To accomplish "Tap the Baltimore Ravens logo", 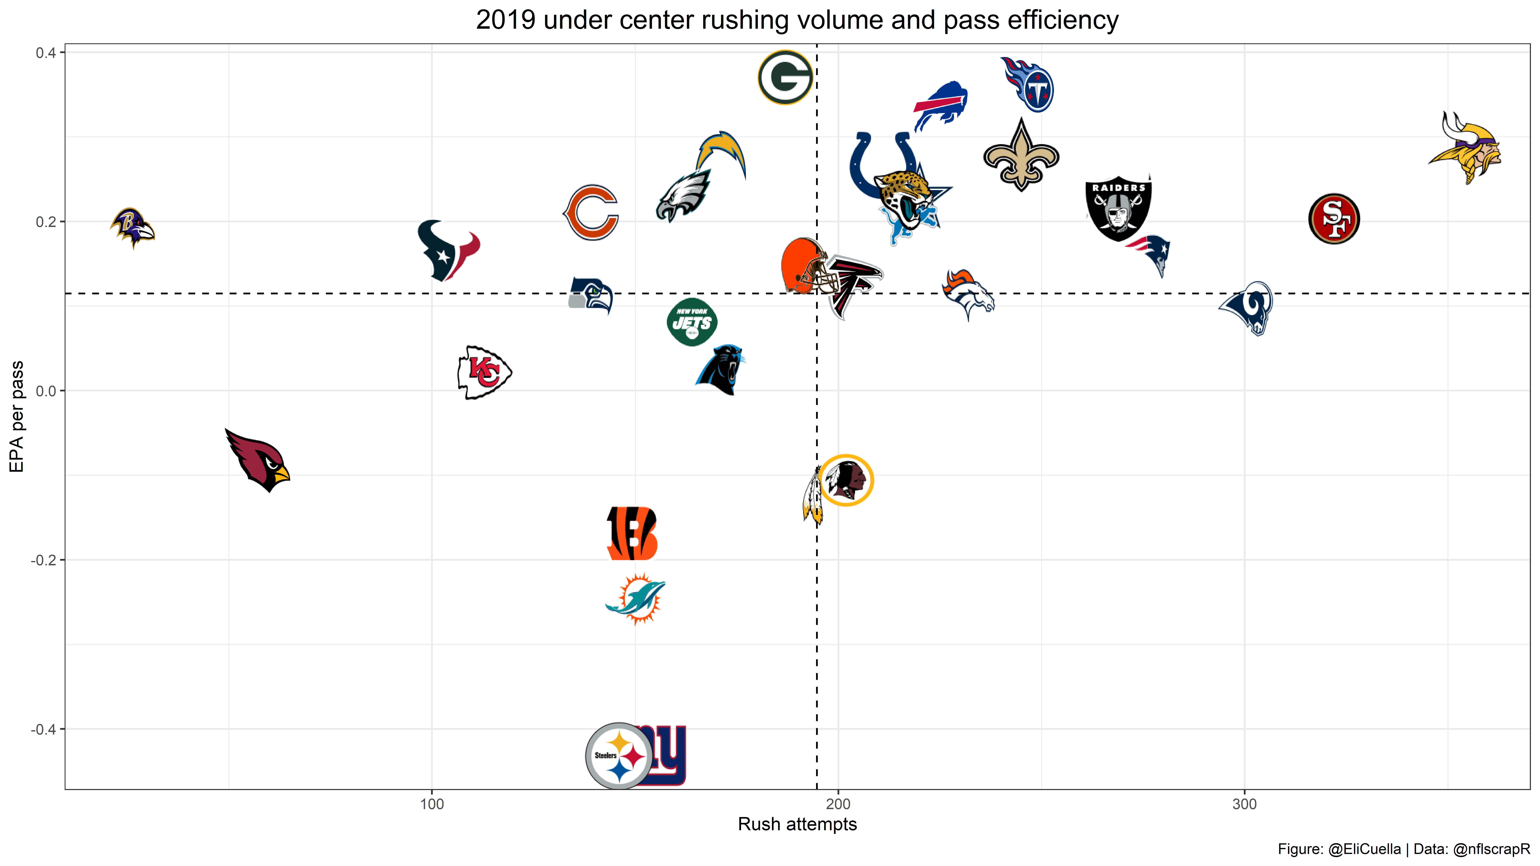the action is coord(132,228).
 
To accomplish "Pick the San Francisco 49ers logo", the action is coord(1334,219).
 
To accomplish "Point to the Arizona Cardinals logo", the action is coord(258,460).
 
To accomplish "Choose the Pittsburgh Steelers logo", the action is coord(619,756).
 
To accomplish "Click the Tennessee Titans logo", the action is coord(1028,85).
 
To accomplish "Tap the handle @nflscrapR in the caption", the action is coord(1491,849).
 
